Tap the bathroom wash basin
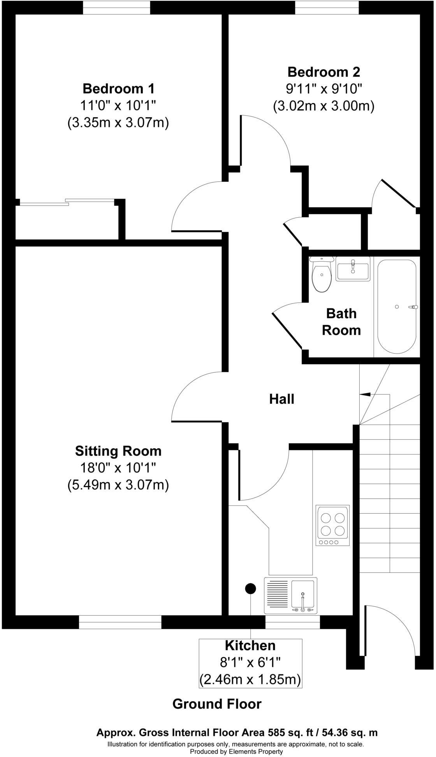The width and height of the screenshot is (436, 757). pos(353,269)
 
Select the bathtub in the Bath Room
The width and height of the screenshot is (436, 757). pos(397,307)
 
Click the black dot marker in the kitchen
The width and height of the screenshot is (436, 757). pos(250,589)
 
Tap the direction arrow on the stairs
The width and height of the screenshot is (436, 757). pos(365,394)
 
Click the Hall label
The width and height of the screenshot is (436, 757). pos(281,399)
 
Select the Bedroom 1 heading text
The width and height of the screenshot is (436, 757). pos(118,89)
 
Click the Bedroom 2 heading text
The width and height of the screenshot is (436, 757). pos(323,72)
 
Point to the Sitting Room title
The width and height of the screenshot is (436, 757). pos(118,451)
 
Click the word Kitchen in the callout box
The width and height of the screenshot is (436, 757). pos(250,646)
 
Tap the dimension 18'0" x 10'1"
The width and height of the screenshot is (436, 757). pos(118,468)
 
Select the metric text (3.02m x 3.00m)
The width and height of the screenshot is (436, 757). pos(323,106)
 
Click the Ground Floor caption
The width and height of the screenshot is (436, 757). pos(217,704)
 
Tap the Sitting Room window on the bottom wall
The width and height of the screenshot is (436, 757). pos(120,622)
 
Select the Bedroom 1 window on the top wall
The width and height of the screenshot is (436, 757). pos(116,7)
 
